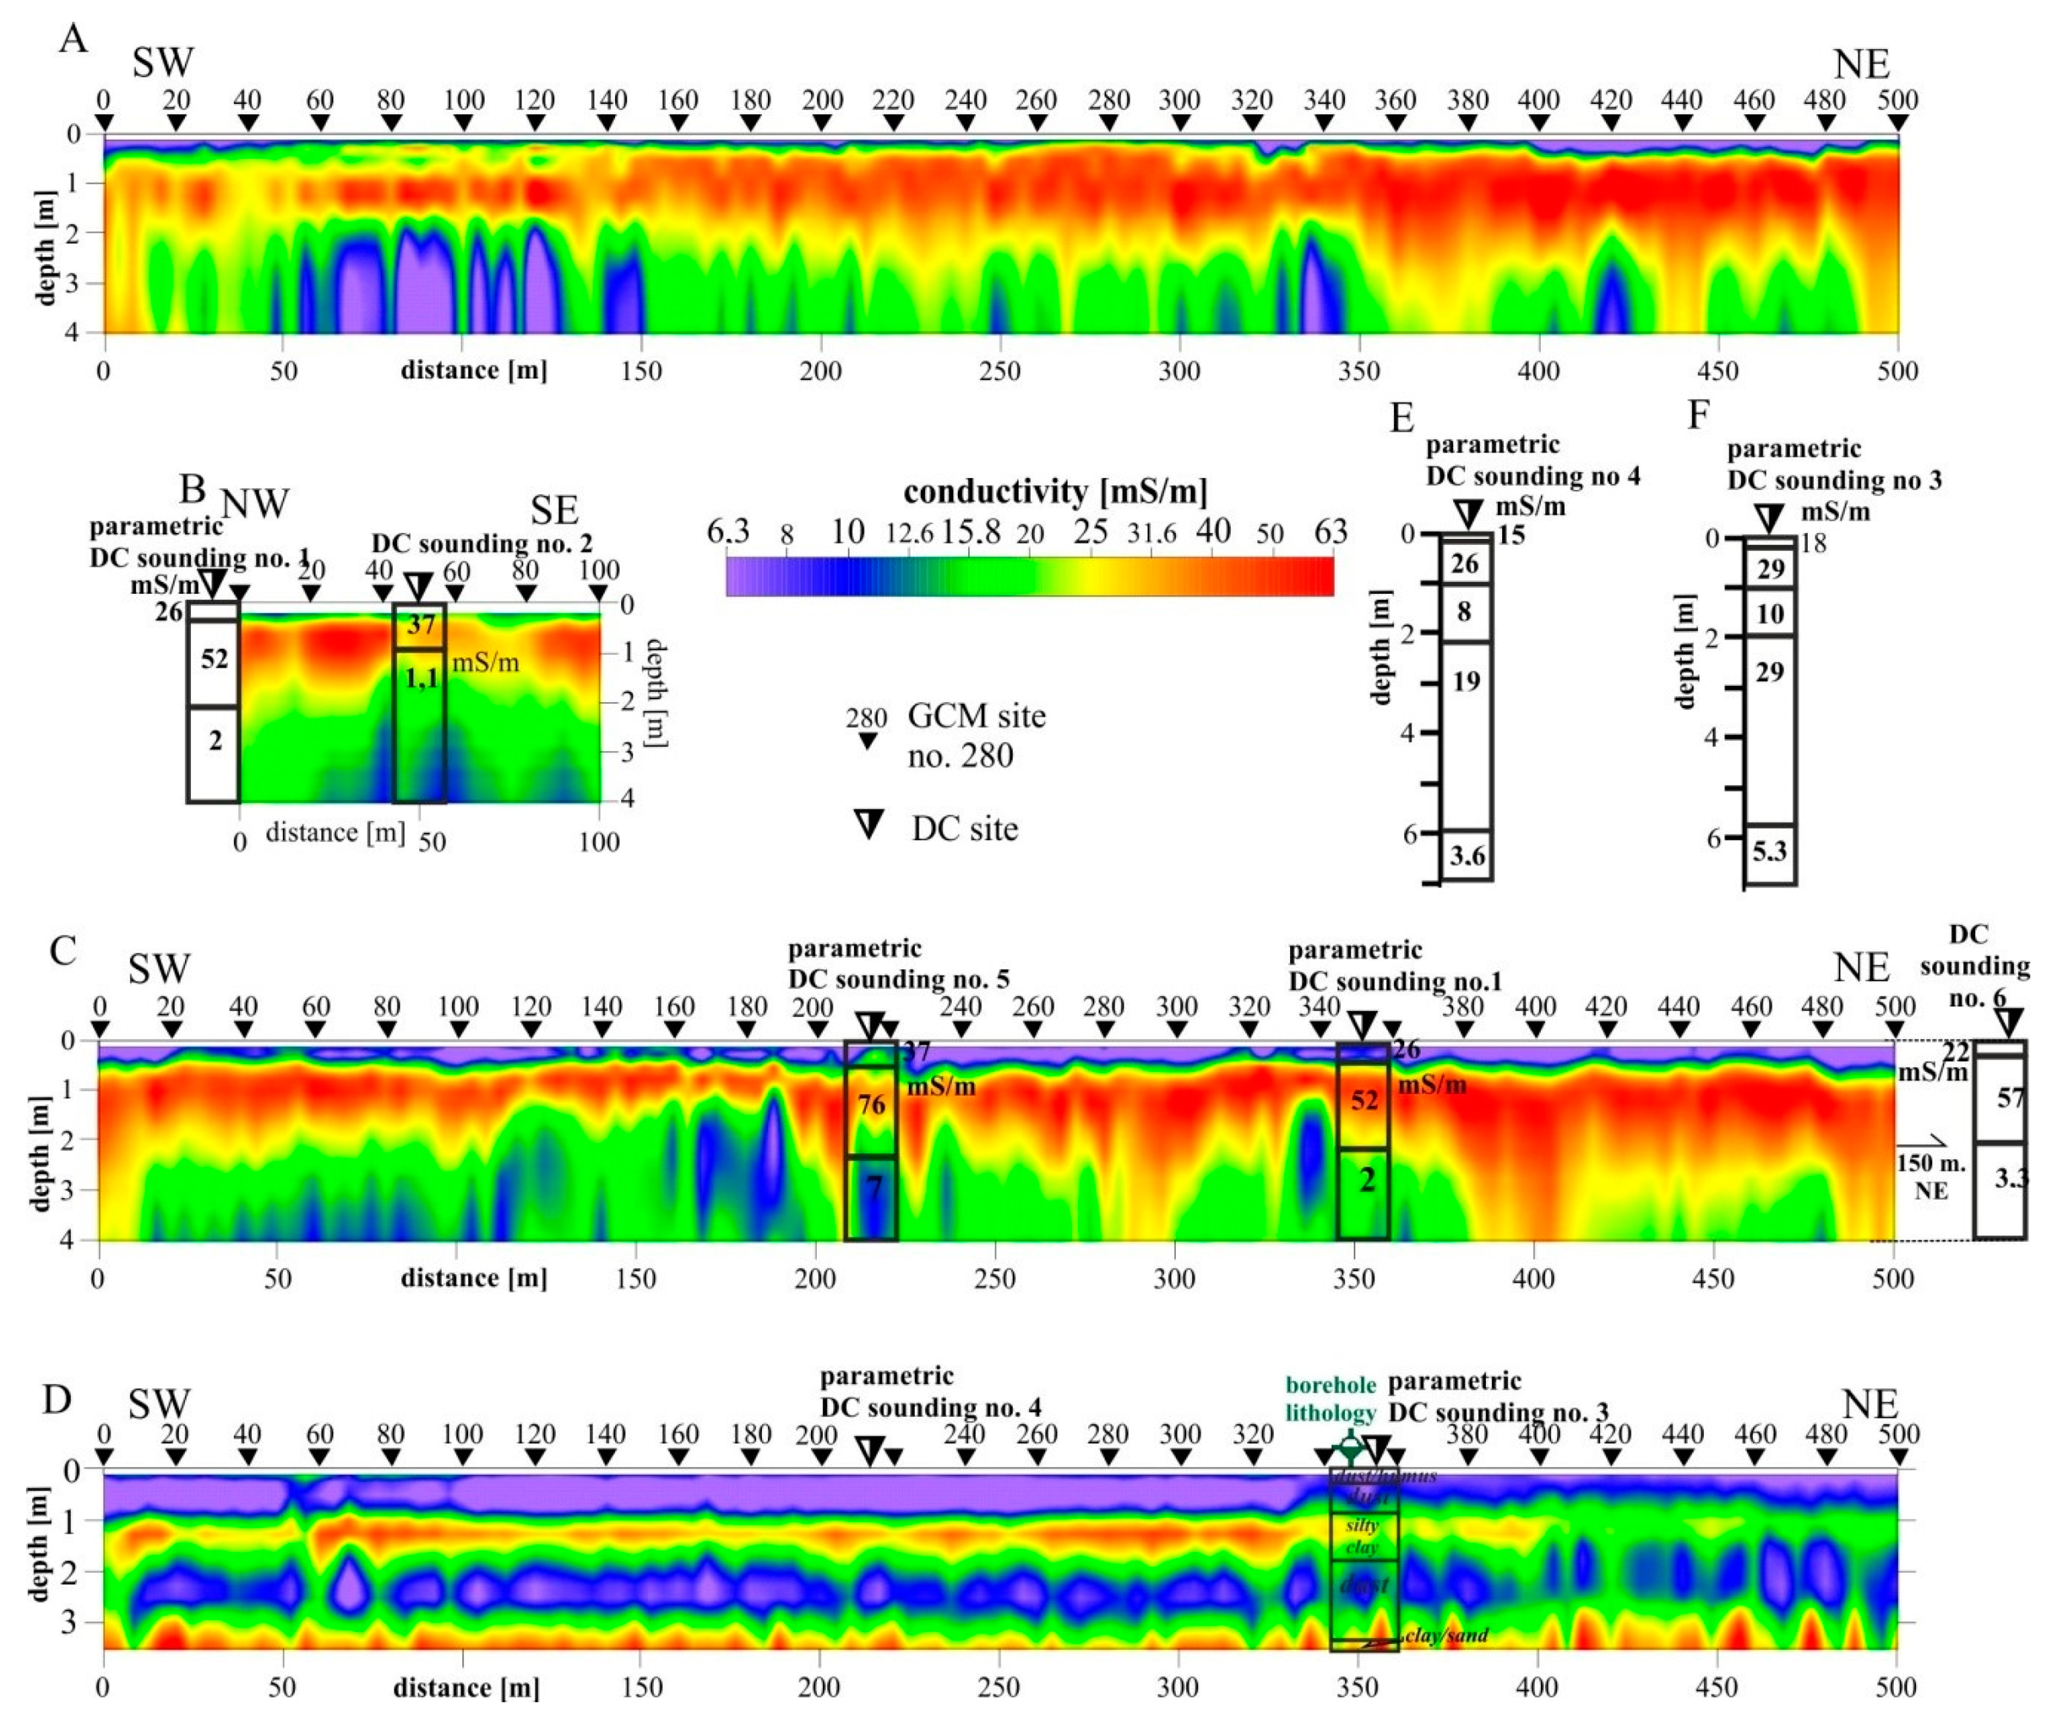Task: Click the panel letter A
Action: (x=74, y=41)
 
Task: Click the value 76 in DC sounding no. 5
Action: (x=871, y=1106)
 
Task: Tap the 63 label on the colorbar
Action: (x=1330, y=532)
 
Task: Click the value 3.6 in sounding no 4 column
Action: (x=1467, y=856)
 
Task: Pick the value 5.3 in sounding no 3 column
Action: (x=1769, y=851)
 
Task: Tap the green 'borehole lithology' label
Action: (x=1332, y=1399)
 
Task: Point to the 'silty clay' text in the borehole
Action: (x=1362, y=1536)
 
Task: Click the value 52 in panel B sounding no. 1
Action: (x=214, y=659)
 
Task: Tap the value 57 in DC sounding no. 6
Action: (x=2009, y=1098)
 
